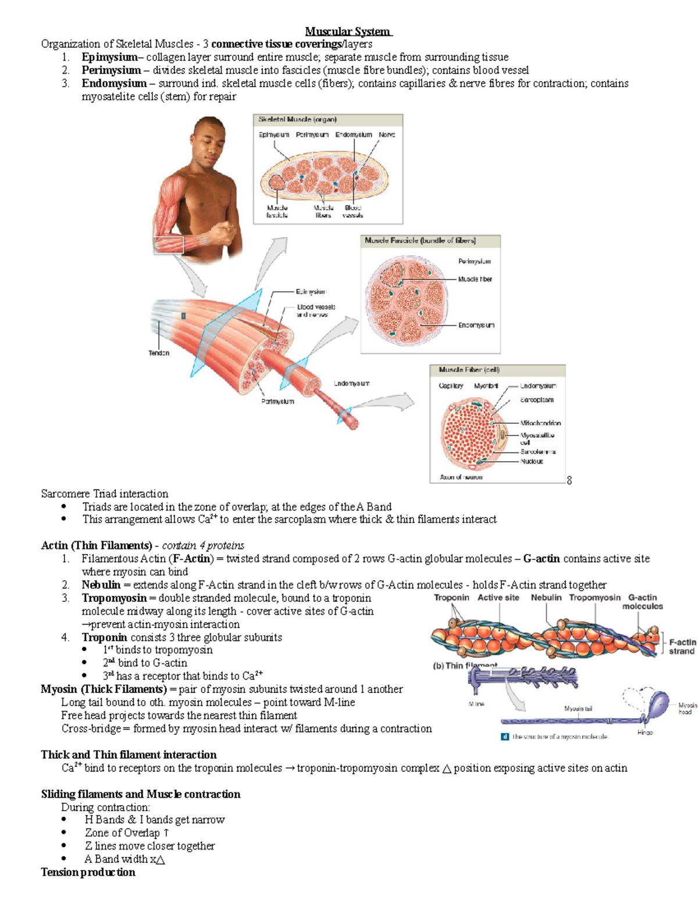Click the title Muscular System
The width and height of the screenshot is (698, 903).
348,31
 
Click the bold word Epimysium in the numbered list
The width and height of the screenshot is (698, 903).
109,57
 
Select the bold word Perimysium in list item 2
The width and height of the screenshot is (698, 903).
111,70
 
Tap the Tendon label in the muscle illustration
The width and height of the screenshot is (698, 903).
159,353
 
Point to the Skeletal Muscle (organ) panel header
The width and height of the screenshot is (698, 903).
298,120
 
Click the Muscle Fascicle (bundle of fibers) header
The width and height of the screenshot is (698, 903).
420,241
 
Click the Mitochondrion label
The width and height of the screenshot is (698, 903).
540,423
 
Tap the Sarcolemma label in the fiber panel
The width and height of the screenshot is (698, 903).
538,451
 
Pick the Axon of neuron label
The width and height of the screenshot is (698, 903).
461,477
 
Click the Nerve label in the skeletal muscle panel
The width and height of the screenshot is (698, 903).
387,135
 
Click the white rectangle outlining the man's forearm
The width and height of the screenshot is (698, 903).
168,245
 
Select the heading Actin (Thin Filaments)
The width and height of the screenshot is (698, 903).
96,545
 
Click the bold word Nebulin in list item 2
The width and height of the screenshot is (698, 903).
101,585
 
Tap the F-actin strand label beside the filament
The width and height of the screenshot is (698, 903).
682,647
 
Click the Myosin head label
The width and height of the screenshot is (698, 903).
687,708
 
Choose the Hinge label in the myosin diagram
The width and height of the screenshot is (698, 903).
644,733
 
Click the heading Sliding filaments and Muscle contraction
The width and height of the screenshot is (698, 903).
140,794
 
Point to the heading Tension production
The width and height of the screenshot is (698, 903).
88,872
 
